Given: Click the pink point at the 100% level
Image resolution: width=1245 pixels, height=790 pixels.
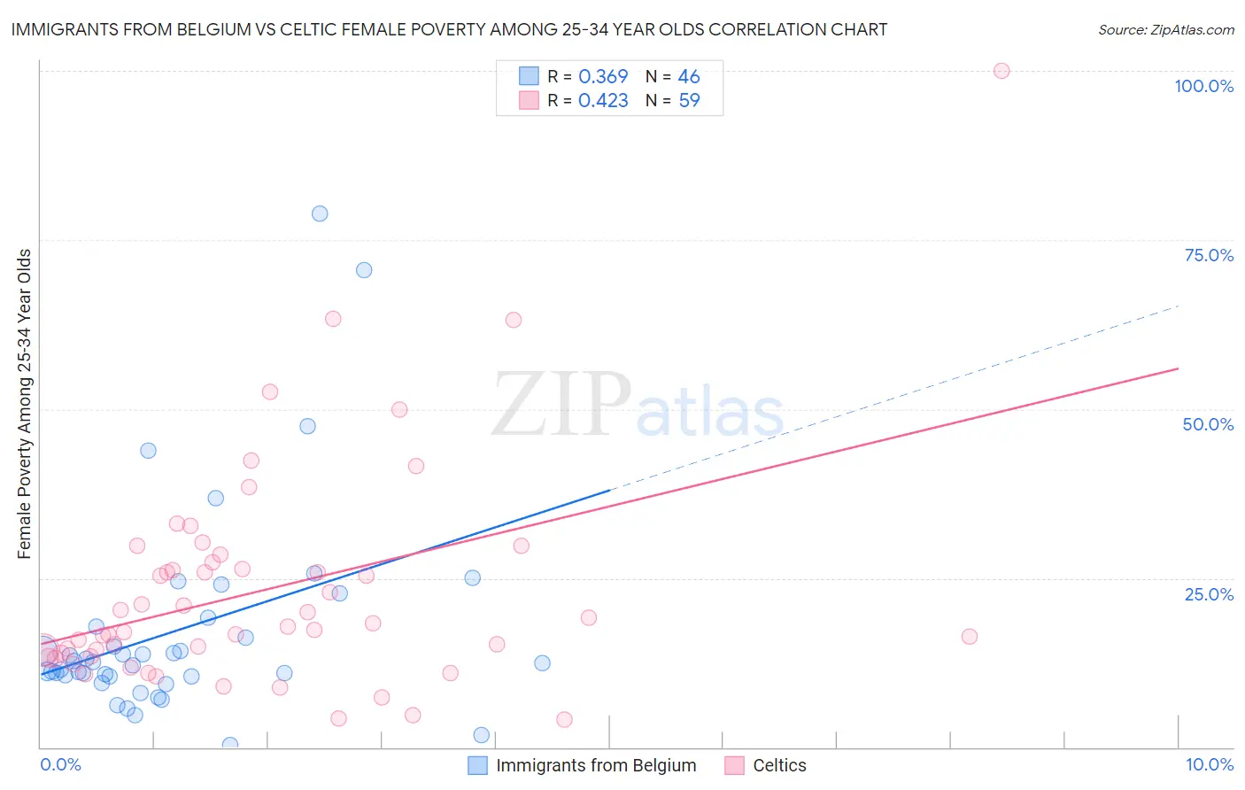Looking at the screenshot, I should point(1001,71).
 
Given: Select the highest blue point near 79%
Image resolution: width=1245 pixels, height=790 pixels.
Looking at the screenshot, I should point(320,213).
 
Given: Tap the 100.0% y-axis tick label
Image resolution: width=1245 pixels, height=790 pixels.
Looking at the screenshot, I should point(1203,86).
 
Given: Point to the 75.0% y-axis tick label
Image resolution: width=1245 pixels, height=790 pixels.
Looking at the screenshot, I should point(1209,255).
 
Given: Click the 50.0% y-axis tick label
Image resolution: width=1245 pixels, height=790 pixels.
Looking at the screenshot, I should point(1208,424).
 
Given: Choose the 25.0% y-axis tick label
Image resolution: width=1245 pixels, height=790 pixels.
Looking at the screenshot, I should point(1209,594).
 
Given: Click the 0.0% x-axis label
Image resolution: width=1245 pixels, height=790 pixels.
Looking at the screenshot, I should point(60,764).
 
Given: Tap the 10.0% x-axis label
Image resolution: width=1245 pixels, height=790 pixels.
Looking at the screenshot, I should point(1209,764).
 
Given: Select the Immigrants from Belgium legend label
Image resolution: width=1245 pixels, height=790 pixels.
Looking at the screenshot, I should point(596,765).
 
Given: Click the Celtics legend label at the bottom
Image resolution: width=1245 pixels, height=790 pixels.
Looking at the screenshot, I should point(779,765).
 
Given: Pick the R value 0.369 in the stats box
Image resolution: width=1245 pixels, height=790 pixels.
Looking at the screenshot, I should point(603,76).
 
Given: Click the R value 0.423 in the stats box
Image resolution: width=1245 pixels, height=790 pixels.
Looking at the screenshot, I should point(603,100).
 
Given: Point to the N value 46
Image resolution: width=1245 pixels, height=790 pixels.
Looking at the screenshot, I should point(689,76).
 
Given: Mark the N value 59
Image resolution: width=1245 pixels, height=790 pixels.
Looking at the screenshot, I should point(689,100).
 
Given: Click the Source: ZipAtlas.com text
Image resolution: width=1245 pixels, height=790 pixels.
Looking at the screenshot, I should point(1165,29).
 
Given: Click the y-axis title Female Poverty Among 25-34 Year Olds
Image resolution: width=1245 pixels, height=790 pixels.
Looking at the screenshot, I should point(24,404).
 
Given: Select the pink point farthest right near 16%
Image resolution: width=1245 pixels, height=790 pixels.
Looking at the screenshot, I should point(970,637).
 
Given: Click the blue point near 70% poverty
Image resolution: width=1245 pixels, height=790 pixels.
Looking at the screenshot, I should point(364,270).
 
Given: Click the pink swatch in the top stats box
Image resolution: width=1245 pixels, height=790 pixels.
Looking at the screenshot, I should point(529,100).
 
